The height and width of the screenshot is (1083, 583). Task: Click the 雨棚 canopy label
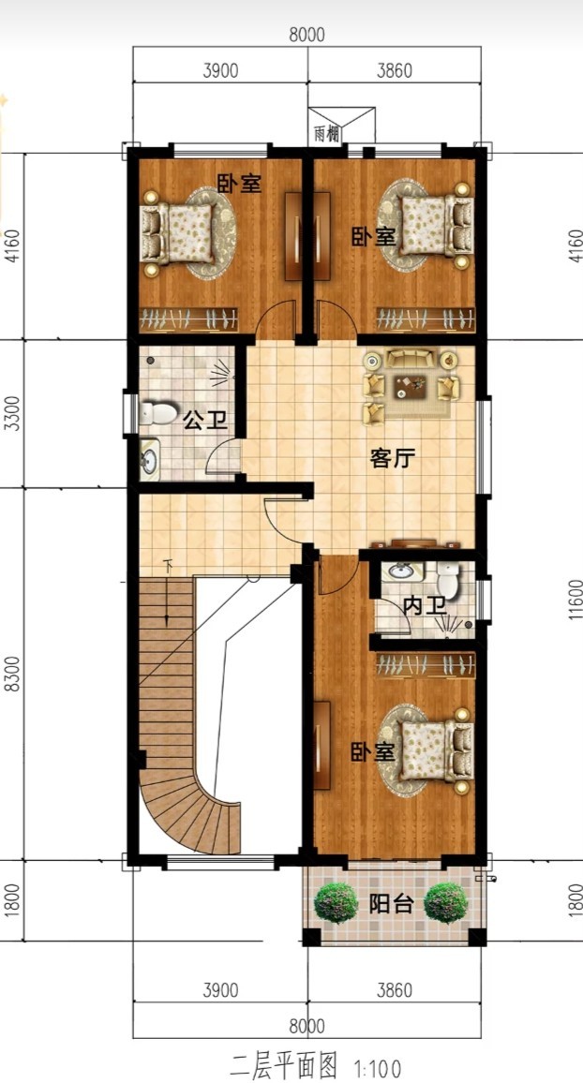click(327, 134)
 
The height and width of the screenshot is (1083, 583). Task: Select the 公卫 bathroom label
click(205, 420)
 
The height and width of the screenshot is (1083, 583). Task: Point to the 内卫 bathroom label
click(423, 606)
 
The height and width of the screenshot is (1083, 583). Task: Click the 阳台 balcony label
click(390, 904)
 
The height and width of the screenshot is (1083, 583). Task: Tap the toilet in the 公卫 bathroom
click(157, 414)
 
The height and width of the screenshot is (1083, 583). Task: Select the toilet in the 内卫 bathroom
click(449, 581)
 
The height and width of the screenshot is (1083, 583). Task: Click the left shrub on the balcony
click(336, 902)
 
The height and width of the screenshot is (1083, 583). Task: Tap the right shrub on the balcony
click(446, 902)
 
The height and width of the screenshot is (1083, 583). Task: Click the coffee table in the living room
click(411, 386)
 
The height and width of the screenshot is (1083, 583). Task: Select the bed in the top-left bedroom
click(177, 233)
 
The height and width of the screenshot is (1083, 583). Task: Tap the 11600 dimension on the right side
click(576, 600)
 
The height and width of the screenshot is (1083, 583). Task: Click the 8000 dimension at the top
click(306, 34)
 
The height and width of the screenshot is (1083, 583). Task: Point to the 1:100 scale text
click(377, 1069)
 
